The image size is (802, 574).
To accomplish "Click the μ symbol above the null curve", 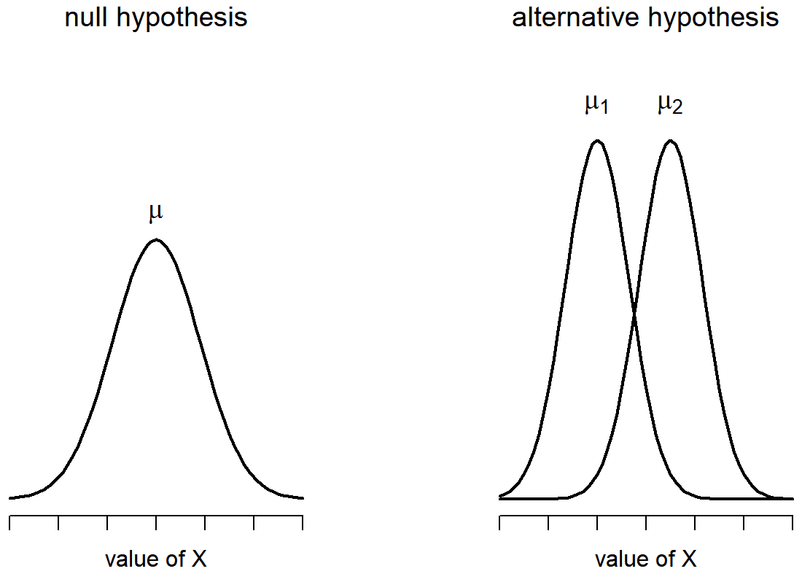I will coord(155,213).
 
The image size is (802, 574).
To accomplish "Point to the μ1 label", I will coord(596,105).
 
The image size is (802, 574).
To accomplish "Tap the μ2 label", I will coord(669,105).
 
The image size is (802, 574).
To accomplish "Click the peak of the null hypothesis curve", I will coord(155,239).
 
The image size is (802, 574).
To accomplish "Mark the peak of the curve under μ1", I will coord(597,140).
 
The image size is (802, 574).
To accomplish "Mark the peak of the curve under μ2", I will coord(670,140).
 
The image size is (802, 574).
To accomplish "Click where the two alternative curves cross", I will coord(634,314).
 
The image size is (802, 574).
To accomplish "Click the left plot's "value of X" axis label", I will coord(155,559).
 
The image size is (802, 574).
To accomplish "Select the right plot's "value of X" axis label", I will coord(645,559).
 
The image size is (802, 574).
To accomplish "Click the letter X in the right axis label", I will coord(688,559).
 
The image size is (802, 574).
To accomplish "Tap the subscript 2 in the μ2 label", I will coord(678,109).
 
